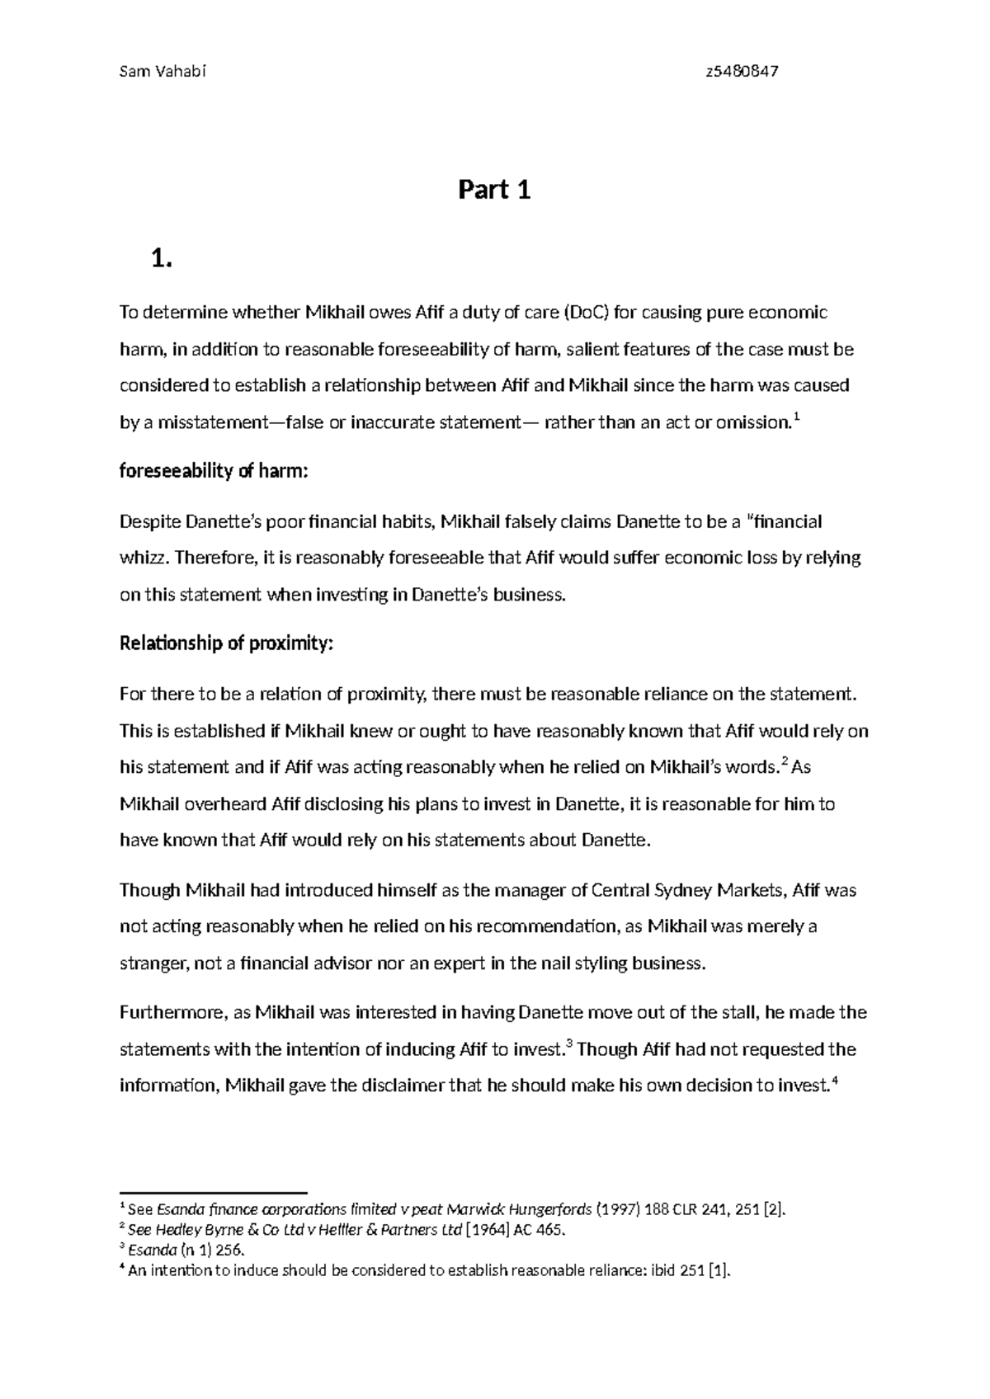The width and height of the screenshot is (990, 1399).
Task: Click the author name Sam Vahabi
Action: (x=162, y=71)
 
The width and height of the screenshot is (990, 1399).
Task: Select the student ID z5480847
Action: (x=742, y=71)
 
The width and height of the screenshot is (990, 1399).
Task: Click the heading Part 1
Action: (x=494, y=191)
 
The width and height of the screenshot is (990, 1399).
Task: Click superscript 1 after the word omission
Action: (x=795, y=419)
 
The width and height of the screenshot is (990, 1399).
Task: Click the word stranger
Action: (x=153, y=963)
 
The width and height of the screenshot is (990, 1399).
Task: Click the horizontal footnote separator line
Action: (x=214, y=1192)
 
